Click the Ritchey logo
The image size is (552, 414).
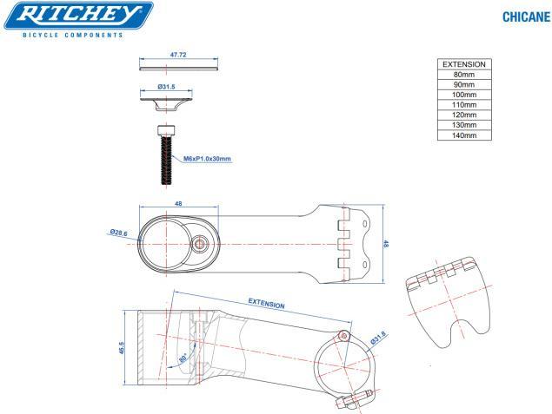pyautogui.click(x=77, y=16)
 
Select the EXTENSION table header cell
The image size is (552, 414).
pyautogui.click(x=462, y=64)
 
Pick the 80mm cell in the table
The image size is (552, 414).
pyautogui.click(x=462, y=75)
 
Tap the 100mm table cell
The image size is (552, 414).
pyautogui.click(x=462, y=95)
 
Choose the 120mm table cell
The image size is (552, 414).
pyautogui.click(x=462, y=115)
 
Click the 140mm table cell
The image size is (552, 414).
pyautogui.click(x=462, y=135)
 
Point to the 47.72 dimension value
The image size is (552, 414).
pyautogui.click(x=178, y=55)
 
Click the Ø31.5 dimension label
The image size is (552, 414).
pyautogui.click(x=168, y=88)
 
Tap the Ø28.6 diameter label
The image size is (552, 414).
pyautogui.click(x=120, y=233)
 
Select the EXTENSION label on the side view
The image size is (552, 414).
pyautogui.click(x=267, y=305)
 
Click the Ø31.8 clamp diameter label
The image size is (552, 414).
pyautogui.click(x=378, y=338)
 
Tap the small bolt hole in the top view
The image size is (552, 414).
pyautogui.click(x=201, y=244)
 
